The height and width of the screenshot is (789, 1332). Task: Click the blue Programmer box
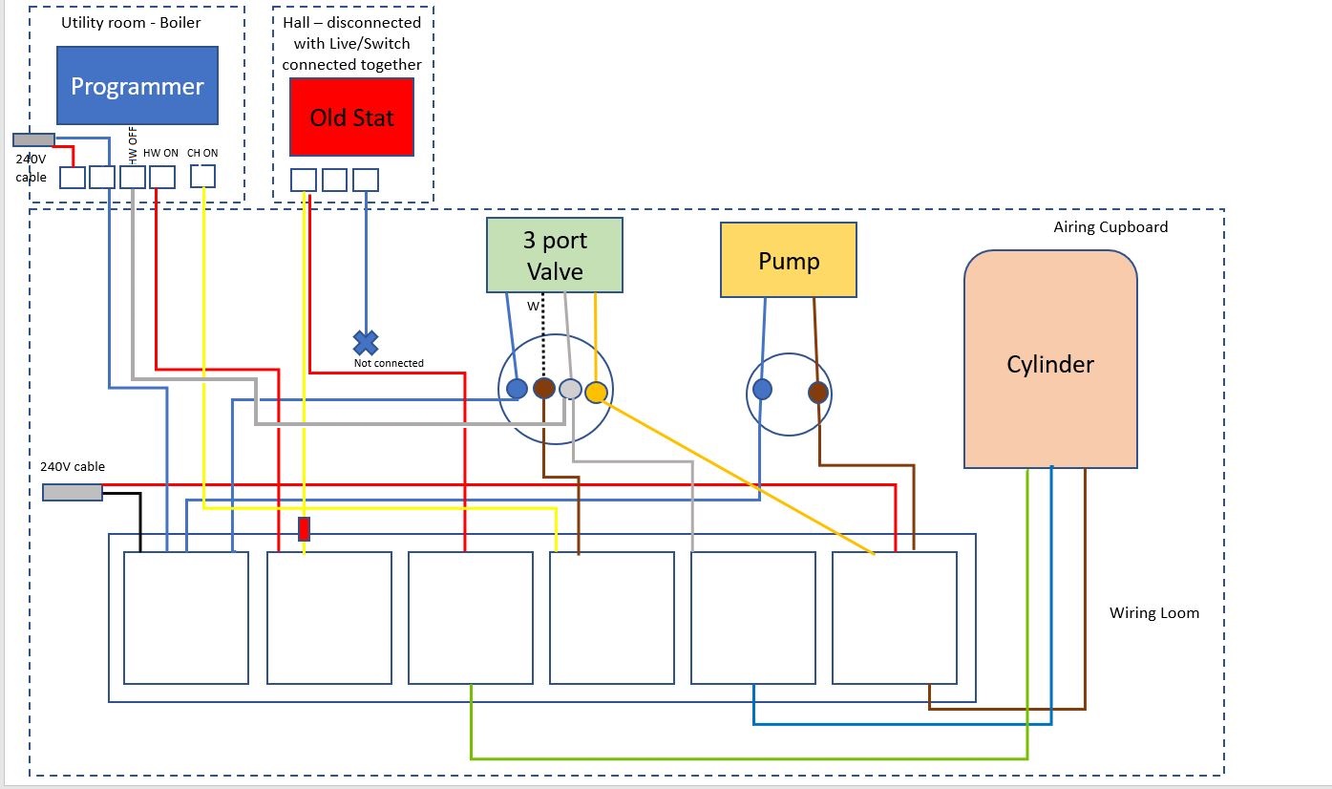tap(137, 86)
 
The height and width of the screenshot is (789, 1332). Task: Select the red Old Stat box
tap(351, 117)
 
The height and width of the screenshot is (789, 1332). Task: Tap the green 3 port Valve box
tap(554, 255)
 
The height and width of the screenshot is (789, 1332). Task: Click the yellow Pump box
tap(788, 260)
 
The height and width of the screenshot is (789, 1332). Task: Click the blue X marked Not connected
tap(366, 342)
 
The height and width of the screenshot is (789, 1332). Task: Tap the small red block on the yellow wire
tap(304, 529)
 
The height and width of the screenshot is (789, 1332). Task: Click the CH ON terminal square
tap(202, 176)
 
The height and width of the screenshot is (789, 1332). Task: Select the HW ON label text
tap(160, 153)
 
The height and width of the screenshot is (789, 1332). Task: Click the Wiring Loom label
tap(1153, 613)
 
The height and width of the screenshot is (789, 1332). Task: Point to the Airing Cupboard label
tap(1110, 227)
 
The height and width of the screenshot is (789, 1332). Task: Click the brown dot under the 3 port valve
tap(543, 388)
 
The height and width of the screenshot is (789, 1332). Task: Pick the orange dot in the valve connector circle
tap(596, 392)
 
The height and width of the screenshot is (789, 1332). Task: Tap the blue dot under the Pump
tap(762, 389)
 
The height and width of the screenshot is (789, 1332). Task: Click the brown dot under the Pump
tap(817, 392)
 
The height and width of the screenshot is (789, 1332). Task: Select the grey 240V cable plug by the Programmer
tap(33, 139)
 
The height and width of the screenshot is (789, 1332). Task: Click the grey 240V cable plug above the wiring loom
tap(73, 492)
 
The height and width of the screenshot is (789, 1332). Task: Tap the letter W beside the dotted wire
tap(533, 307)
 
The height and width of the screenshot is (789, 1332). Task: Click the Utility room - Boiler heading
tap(137, 22)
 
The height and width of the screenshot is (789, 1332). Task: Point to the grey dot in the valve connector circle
tap(569, 389)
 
